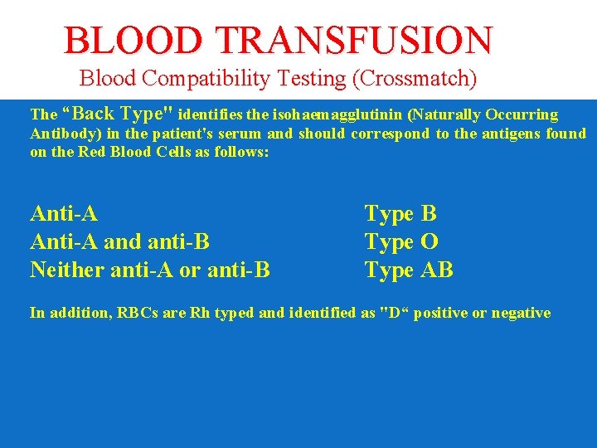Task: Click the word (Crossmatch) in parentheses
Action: pyautogui.click(x=415, y=79)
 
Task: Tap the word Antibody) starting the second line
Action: pyautogui.click(x=60, y=134)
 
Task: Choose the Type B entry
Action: pyautogui.click(x=400, y=214)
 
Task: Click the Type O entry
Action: pyautogui.click(x=401, y=242)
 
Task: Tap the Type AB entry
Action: pyautogui.click(x=409, y=270)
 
